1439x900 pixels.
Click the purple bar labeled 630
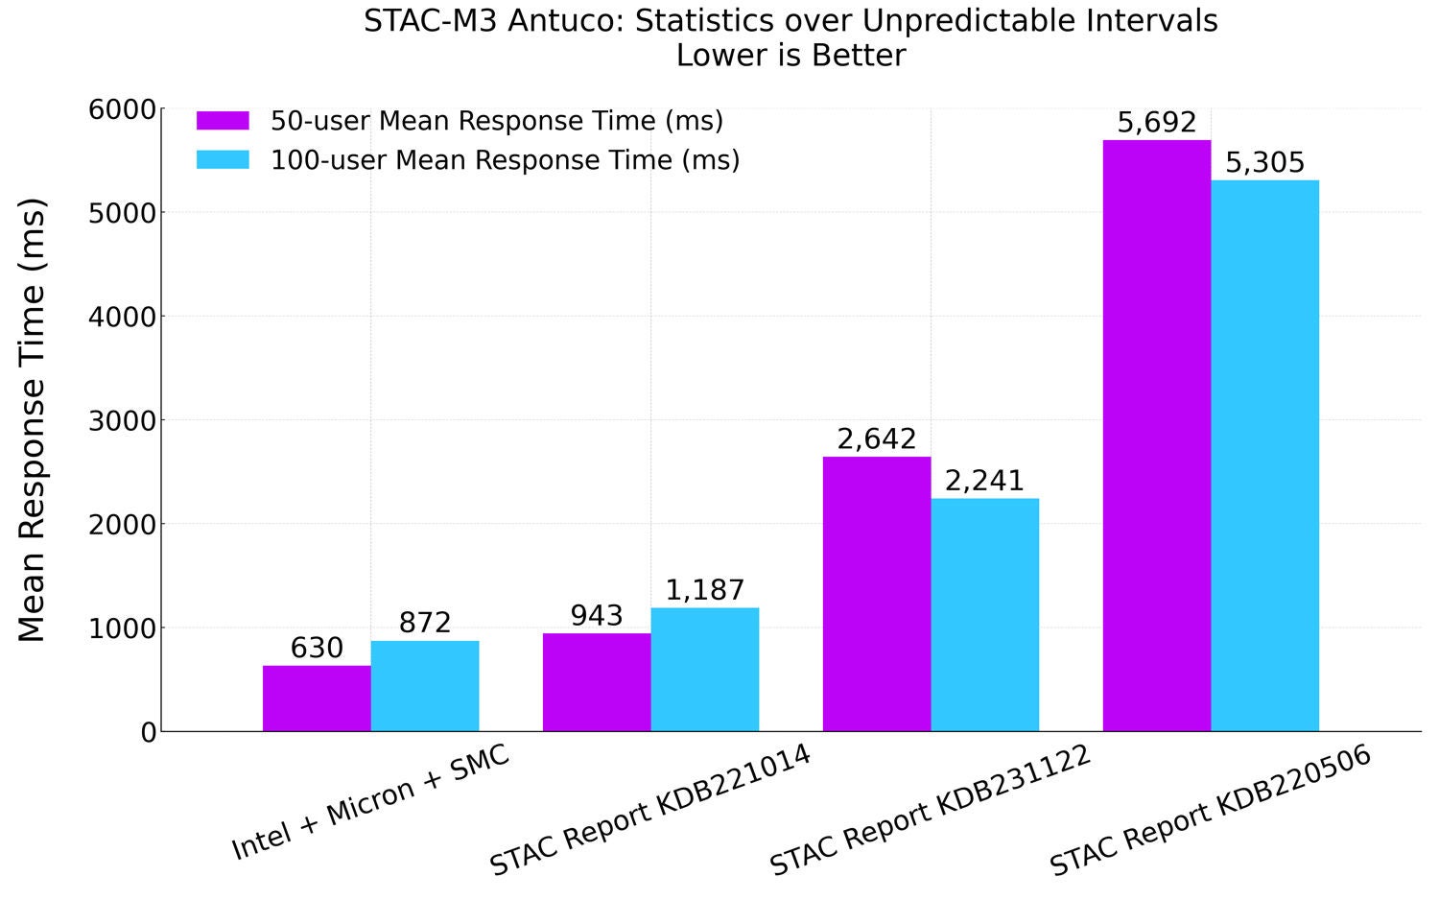click(317, 698)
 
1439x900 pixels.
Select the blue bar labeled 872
click(425, 685)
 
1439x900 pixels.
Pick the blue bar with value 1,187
click(705, 669)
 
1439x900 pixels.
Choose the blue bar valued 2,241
click(985, 614)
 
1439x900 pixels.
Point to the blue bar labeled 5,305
click(1265, 455)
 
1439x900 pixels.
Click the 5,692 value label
click(1157, 123)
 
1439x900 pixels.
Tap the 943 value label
click(597, 616)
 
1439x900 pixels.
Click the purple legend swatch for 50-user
click(223, 121)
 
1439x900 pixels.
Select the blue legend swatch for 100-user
click(223, 159)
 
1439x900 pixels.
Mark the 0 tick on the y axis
click(148, 732)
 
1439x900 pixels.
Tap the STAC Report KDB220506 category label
click(1211, 811)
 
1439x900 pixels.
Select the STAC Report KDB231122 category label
click(931, 811)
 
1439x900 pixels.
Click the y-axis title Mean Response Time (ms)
click(33, 419)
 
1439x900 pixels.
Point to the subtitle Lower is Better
click(790, 56)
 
